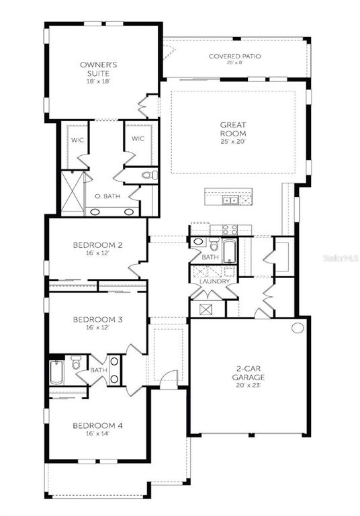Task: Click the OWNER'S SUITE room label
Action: pyautogui.click(x=95, y=67)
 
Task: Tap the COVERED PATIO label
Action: pyautogui.click(x=234, y=56)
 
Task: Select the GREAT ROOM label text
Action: pyautogui.click(x=234, y=129)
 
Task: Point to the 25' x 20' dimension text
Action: pyautogui.click(x=234, y=142)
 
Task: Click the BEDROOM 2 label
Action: pyautogui.click(x=97, y=245)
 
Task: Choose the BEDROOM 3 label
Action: pyautogui.click(x=97, y=319)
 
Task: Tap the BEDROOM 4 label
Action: pyautogui.click(x=97, y=426)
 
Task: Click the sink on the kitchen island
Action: pyautogui.click(x=230, y=200)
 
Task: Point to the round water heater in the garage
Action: pyautogui.click(x=298, y=328)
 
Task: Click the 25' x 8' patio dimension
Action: pyautogui.click(x=234, y=63)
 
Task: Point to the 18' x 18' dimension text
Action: pyautogui.click(x=95, y=81)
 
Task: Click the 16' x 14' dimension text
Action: pyautogui.click(x=97, y=433)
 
